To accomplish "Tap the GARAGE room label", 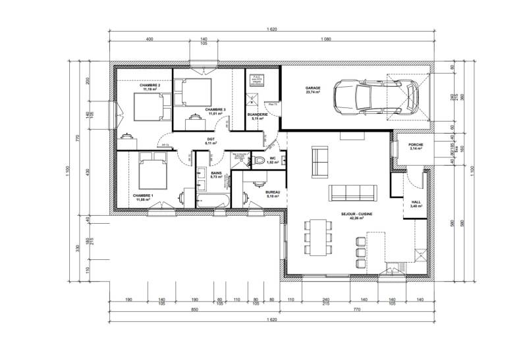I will [312, 88].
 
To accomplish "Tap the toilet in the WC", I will [260, 161].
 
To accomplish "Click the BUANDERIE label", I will [257, 115].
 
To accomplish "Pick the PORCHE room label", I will [416, 144].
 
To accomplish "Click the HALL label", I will [416, 203].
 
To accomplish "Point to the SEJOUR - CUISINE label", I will [356, 214].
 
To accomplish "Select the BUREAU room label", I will [273, 192].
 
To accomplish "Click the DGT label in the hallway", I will [211, 139].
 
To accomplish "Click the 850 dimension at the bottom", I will [196, 309].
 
